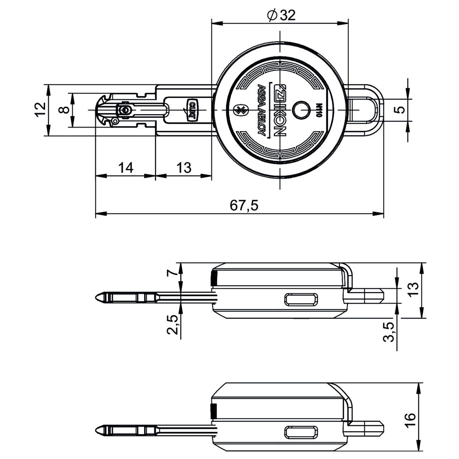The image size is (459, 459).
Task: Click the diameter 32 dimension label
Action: pyautogui.click(x=282, y=15)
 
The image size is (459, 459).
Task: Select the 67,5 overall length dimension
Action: pyautogui.click(x=244, y=205)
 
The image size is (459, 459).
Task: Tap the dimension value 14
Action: pyautogui.click(x=126, y=167)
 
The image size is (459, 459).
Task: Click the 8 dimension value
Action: pyautogui.click(x=64, y=109)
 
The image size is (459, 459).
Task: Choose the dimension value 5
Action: pyautogui.click(x=401, y=109)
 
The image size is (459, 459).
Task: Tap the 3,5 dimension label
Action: pyautogui.click(x=389, y=332)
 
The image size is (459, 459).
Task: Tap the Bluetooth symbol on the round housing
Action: pyautogui.click(x=237, y=109)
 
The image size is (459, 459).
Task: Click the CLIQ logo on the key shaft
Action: pyautogui.click(x=192, y=109)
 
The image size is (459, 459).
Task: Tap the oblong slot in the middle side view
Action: pyautogui.click(x=301, y=299)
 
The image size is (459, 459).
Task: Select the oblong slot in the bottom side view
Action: pyautogui.click(x=301, y=432)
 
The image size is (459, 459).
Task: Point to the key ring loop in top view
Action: pyautogui.click(x=371, y=109)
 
